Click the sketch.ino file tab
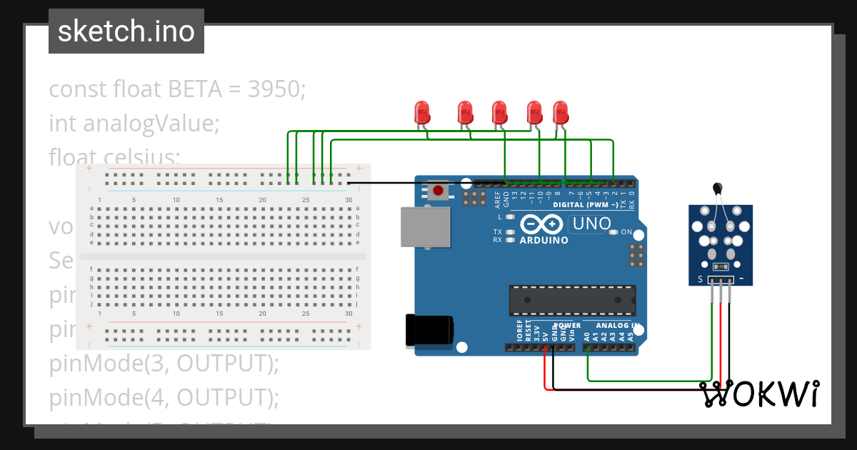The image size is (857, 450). tap(126, 31)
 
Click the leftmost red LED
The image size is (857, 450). tap(421, 112)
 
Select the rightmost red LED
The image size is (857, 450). tap(561, 112)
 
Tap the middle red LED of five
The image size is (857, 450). tap(499, 112)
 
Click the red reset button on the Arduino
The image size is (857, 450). tap(438, 191)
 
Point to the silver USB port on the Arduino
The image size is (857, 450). tap(426, 228)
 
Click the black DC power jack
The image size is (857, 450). tap(428, 331)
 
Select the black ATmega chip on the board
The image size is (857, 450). tap(572, 300)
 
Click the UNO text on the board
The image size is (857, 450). tap(591, 224)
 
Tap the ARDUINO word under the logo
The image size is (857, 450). tap(543, 241)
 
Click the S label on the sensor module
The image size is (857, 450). tap(701, 279)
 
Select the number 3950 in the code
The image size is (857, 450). tap(275, 89)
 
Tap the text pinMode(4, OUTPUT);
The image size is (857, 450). tap(164, 396)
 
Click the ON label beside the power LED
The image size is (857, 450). tap(626, 232)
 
